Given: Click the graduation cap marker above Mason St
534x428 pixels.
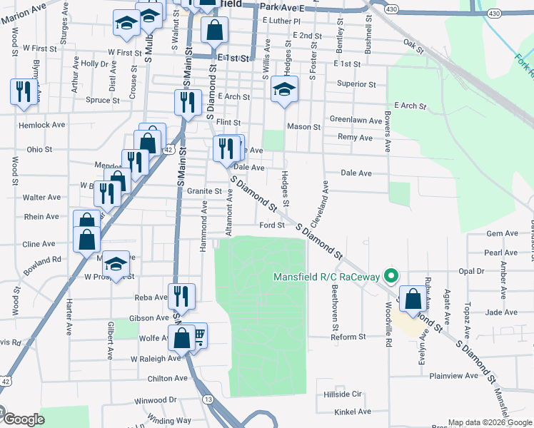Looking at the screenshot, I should pos(284,90).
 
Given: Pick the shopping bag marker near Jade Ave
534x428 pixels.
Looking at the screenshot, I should pos(412,300).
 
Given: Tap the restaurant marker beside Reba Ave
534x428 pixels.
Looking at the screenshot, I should pos(181,296).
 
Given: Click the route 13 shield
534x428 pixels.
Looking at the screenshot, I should pos(207,399).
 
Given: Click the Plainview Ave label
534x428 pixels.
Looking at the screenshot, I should pos(454,375).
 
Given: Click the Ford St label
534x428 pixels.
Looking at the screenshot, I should pos(272,225).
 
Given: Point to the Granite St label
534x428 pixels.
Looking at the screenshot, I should pos(204,191).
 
